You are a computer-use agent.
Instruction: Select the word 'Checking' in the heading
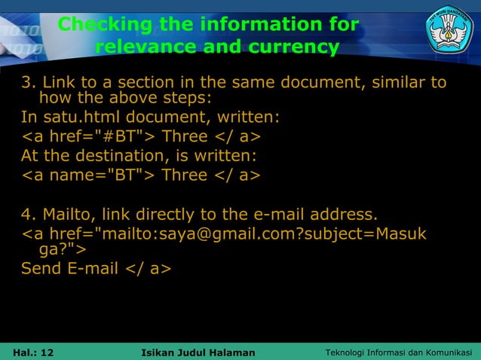[x=106, y=25]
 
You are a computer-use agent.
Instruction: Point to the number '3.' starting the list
[x=29, y=82]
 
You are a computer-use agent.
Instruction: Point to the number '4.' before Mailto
[x=29, y=215]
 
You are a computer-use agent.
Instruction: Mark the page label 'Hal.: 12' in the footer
[x=33, y=352]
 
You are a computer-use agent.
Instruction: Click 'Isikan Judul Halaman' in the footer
[x=198, y=352]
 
